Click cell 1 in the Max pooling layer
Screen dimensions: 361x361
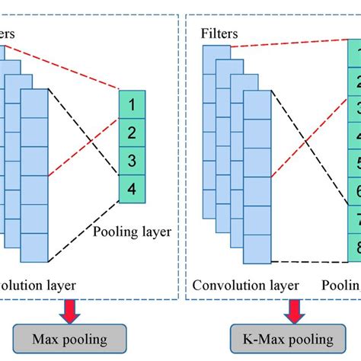click(132, 102)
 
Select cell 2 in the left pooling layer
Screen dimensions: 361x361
click(132, 133)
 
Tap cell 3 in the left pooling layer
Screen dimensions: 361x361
click(132, 161)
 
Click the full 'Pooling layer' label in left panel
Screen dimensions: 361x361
click(134, 230)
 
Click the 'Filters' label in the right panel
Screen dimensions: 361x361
click(219, 33)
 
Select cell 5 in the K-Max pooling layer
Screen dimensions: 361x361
click(354, 162)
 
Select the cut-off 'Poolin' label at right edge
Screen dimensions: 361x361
click(341, 286)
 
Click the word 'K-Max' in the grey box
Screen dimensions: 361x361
click(260, 337)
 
